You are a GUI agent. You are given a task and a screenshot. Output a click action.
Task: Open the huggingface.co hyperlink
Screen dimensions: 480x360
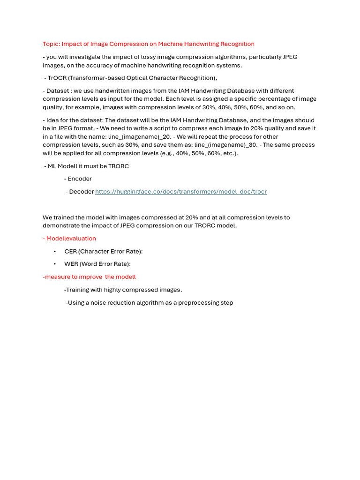click(180, 192)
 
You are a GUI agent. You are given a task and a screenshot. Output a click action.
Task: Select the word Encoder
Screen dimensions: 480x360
click(80, 179)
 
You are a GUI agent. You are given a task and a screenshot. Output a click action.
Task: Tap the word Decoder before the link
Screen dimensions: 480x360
click(81, 192)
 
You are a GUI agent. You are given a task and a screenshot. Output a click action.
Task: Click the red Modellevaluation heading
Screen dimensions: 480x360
click(71, 239)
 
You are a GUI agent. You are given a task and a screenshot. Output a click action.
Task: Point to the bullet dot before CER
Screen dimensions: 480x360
click(55, 251)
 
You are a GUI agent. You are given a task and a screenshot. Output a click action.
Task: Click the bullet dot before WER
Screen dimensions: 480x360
click(55, 264)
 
